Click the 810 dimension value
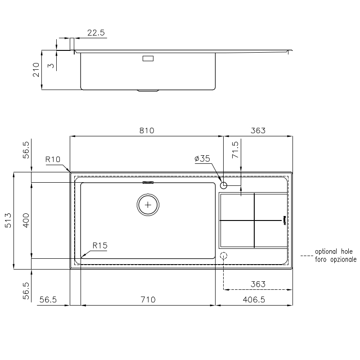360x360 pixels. [x=147, y=130]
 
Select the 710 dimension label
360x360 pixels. [x=148, y=300]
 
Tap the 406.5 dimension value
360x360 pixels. [x=254, y=300]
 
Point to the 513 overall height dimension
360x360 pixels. [x=8, y=220]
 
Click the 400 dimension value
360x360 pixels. [x=26, y=220]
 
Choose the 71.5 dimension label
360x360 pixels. [x=235, y=150]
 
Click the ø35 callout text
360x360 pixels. [x=202, y=158]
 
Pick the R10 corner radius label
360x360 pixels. [x=53, y=159]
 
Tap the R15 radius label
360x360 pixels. [x=100, y=246]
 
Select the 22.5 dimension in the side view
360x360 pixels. [x=96, y=32]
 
